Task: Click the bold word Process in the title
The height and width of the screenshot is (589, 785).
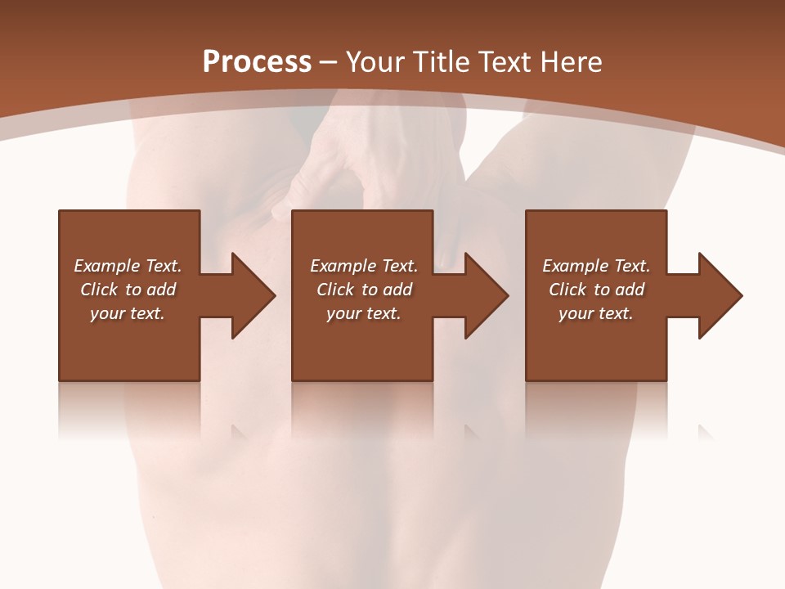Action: [257, 62]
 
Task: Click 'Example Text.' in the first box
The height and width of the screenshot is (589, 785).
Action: [128, 266]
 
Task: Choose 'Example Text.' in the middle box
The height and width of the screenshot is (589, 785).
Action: [364, 266]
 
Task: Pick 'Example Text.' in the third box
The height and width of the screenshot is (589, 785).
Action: [596, 266]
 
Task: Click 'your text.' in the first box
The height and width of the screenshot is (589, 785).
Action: [128, 313]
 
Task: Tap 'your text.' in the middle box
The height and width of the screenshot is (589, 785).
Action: [364, 313]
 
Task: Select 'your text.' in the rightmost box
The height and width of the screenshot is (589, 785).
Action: [596, 313]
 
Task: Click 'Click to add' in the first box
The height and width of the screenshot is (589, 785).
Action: [128, 290]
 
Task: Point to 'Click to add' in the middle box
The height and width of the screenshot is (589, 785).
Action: [364, 290]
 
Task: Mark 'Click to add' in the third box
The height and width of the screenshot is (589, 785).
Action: [596, 290]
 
